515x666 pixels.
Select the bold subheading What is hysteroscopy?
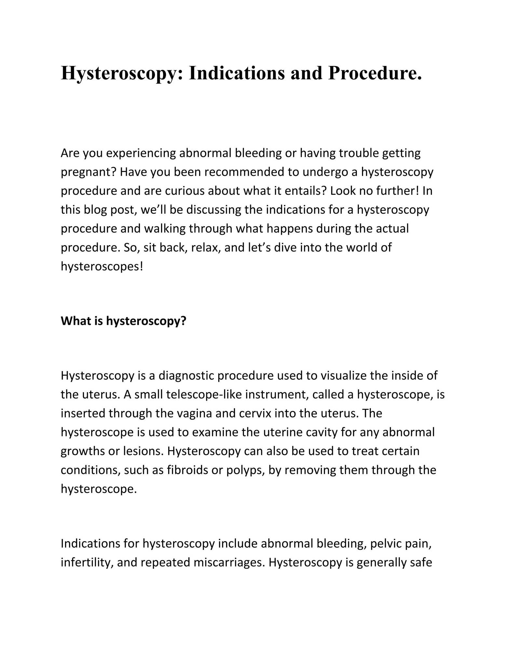click(x=123, y=321)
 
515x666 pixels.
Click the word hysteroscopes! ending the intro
click(x=102, y=266)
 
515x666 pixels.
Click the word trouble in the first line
click(x=359, y=153)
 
